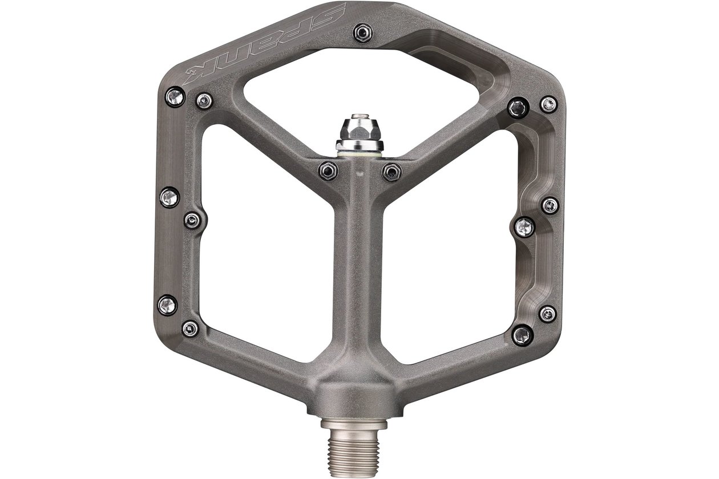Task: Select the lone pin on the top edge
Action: click(363, 33)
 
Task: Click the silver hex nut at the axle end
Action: click(359, 131)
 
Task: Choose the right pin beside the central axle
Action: click(391, 172)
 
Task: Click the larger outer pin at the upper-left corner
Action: click(175, 96)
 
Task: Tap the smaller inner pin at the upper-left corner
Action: click(204, 101)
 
